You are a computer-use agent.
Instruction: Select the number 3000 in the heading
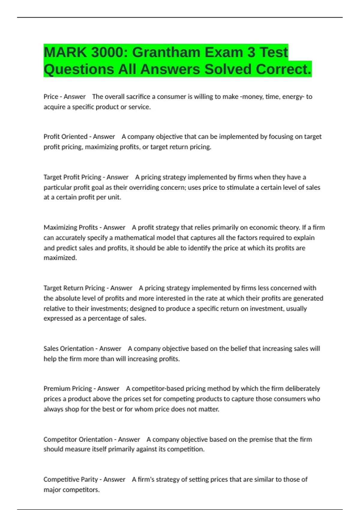[x=107, y=52]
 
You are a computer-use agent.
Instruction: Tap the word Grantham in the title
[x=166, y=52]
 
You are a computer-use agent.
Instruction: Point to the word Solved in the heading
[x=228, y=69]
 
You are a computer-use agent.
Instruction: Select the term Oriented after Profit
[x=74, y=136]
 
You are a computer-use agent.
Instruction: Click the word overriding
[x=145, y=187]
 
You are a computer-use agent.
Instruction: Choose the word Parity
[x=89, y=479]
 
